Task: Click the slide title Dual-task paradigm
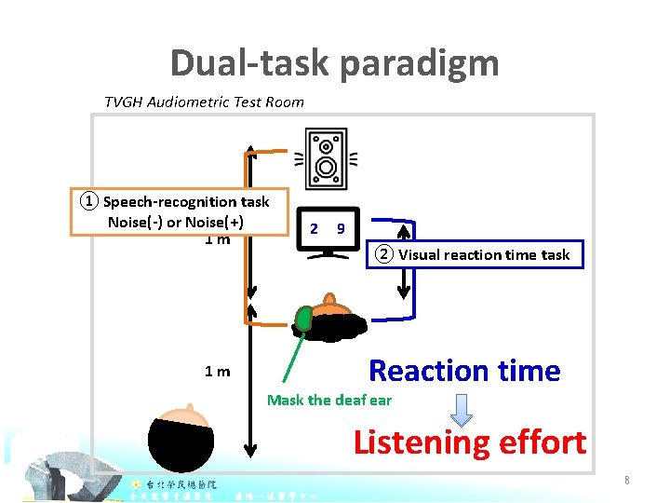(x=334, y=63)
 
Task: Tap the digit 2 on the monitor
(x=314, y=228)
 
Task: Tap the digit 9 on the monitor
(x=342, y=228)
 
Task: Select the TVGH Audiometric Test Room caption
(x=204, y=102)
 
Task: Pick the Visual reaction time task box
(x=478, y=254)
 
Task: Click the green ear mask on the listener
(x=303, y=319)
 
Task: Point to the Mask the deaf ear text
(x=329, y=401)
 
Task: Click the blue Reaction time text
(x=464, y=371)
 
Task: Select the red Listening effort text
(x=469, y=442)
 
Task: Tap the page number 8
(x=627, y=481)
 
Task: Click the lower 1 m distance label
(x=218, y=372)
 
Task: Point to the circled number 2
(x=384, y=254)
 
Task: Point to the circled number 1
(x=87, y=201)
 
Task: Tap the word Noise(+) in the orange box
(x=215, y=222)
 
